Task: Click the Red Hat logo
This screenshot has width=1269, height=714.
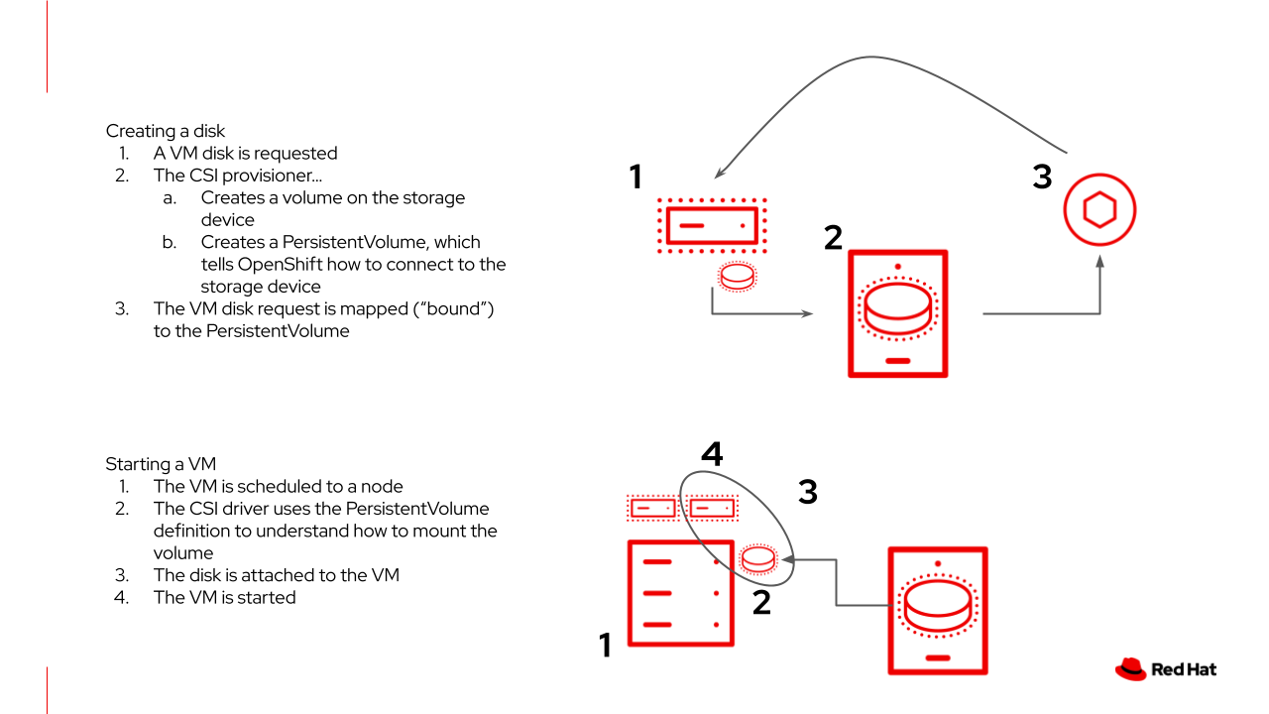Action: [1165, 669]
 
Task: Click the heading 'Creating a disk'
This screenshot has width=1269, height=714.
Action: [166, 131]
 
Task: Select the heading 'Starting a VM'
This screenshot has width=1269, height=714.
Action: [161, 464]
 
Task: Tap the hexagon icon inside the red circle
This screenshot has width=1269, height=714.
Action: [1099, 210]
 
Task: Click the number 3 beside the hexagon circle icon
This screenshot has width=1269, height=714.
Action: [1042, 178]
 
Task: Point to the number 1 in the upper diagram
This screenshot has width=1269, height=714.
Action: [635, 178]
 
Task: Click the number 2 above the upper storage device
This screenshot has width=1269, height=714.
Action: [833, 237]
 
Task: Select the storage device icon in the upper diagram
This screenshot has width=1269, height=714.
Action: [898, 313]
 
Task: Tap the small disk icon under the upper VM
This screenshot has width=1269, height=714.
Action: [737, 277]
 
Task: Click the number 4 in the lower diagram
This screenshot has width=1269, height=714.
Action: [712, 454]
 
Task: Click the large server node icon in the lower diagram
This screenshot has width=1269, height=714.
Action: [680, 593]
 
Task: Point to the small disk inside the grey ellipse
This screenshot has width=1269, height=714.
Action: [758, 559]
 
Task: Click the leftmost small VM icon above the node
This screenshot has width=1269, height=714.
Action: [652, 508]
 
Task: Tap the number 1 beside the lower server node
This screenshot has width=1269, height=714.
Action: [605, 646]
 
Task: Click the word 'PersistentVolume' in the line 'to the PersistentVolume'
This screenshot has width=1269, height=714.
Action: [278, 331]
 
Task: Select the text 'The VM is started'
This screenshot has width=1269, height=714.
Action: [224, 597]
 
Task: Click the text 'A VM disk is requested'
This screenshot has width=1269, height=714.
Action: [245, 153]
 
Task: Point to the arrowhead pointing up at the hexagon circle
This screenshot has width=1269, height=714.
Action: [1099, 261]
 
